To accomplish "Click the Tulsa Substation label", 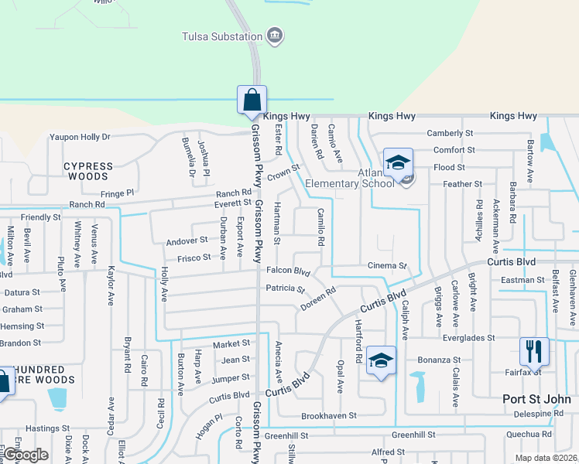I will click(x=221, y=36).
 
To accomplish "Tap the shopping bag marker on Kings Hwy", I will click(x=252, y=101).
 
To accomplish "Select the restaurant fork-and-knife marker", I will click(x=534, y=352).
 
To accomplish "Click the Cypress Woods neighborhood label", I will click(x=88, y=171).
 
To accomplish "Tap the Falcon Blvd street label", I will click(x=288, y=271).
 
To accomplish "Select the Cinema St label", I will click(x=387, y=266).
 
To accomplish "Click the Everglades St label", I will click(x=468, y=338).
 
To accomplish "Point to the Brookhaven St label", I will click(x=328, y=415).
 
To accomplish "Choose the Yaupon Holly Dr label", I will click(x=80, y=137).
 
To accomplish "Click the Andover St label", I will click(x=187, y=241).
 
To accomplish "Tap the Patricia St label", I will click(x=286, y=288).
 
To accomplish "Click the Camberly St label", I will click(x=450, y=133).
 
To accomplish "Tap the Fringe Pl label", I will click(x=117, y=193).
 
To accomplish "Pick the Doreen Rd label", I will click(x=318, y=300).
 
